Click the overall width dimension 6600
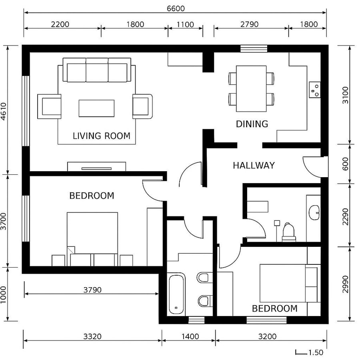click(175, 8)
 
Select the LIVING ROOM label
click(102, 136)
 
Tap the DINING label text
click(252, 124)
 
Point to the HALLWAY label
click(254, 165)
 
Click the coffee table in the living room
click(96, 108)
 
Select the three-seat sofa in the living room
click(97, 70)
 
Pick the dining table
click(251, 88)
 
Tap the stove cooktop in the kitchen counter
click(314, 90)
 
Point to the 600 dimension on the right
click(345, 164)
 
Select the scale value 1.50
click(316, 352)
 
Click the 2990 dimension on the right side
click(345, 284)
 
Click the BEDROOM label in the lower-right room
click(274, 308)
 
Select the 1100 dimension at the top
click(185, 24)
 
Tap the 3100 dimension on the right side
click(345, 95)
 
